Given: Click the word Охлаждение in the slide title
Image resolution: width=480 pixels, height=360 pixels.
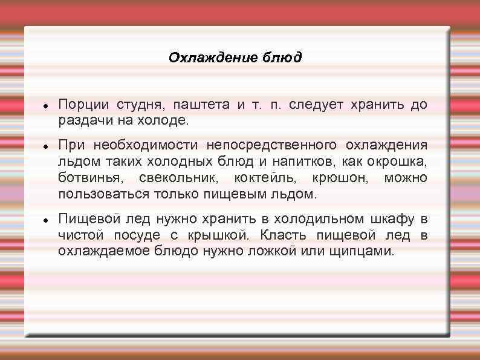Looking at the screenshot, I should [214, 58].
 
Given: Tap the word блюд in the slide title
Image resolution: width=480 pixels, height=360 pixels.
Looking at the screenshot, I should [282, 58].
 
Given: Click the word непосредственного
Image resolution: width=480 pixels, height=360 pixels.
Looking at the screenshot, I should [271, 146].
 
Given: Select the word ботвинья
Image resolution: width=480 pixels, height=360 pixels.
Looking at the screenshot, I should [88, 178].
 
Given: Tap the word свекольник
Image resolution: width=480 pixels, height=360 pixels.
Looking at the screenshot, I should [180, 178].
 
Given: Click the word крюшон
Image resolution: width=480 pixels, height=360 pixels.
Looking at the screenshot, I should [340, 178].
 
